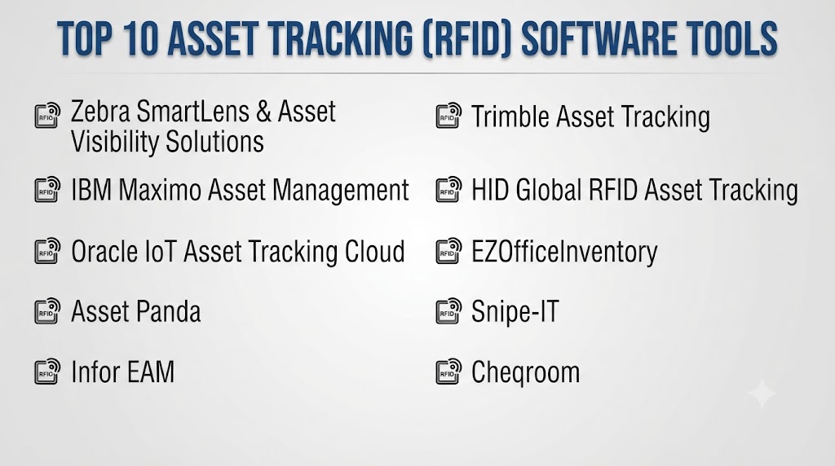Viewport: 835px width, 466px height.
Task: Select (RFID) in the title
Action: point(468,39)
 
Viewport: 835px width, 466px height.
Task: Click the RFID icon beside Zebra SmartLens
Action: point(47,115)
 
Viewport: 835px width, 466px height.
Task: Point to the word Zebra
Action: point(100,112)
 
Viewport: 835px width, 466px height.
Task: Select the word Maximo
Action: point(160,190)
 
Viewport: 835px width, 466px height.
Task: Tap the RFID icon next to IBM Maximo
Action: point(47,189)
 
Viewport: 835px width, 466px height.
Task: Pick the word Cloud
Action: point(375,251)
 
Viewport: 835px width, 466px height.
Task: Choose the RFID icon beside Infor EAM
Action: point(47,371)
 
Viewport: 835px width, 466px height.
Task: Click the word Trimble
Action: point(510,116)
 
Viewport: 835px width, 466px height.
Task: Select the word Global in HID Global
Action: point(549,190)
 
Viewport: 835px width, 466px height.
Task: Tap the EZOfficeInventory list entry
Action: point(564,252)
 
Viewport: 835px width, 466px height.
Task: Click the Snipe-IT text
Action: point(515,312)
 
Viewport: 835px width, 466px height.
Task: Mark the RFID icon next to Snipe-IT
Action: point(448,310)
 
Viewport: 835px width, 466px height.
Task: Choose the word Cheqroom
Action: point(526,372)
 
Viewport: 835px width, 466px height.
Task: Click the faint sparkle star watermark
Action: point(762,393)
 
